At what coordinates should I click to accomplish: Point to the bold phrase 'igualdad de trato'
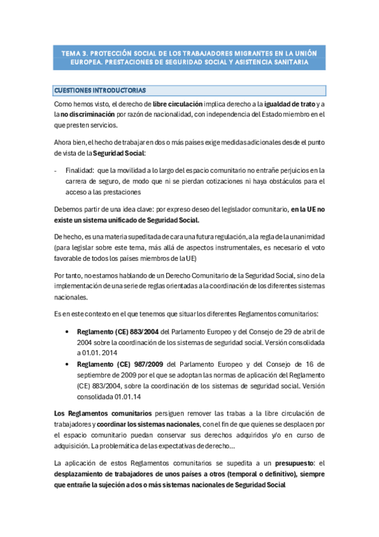pos(290,103)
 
